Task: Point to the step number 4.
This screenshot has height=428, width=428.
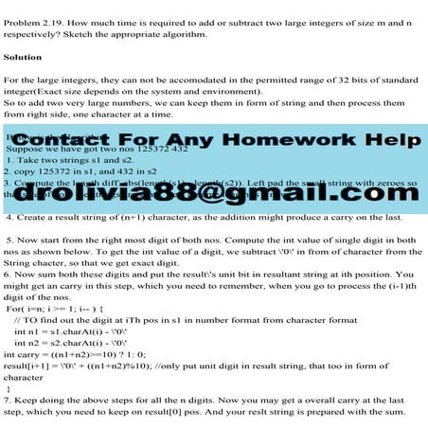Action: click(x=9, y=217)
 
